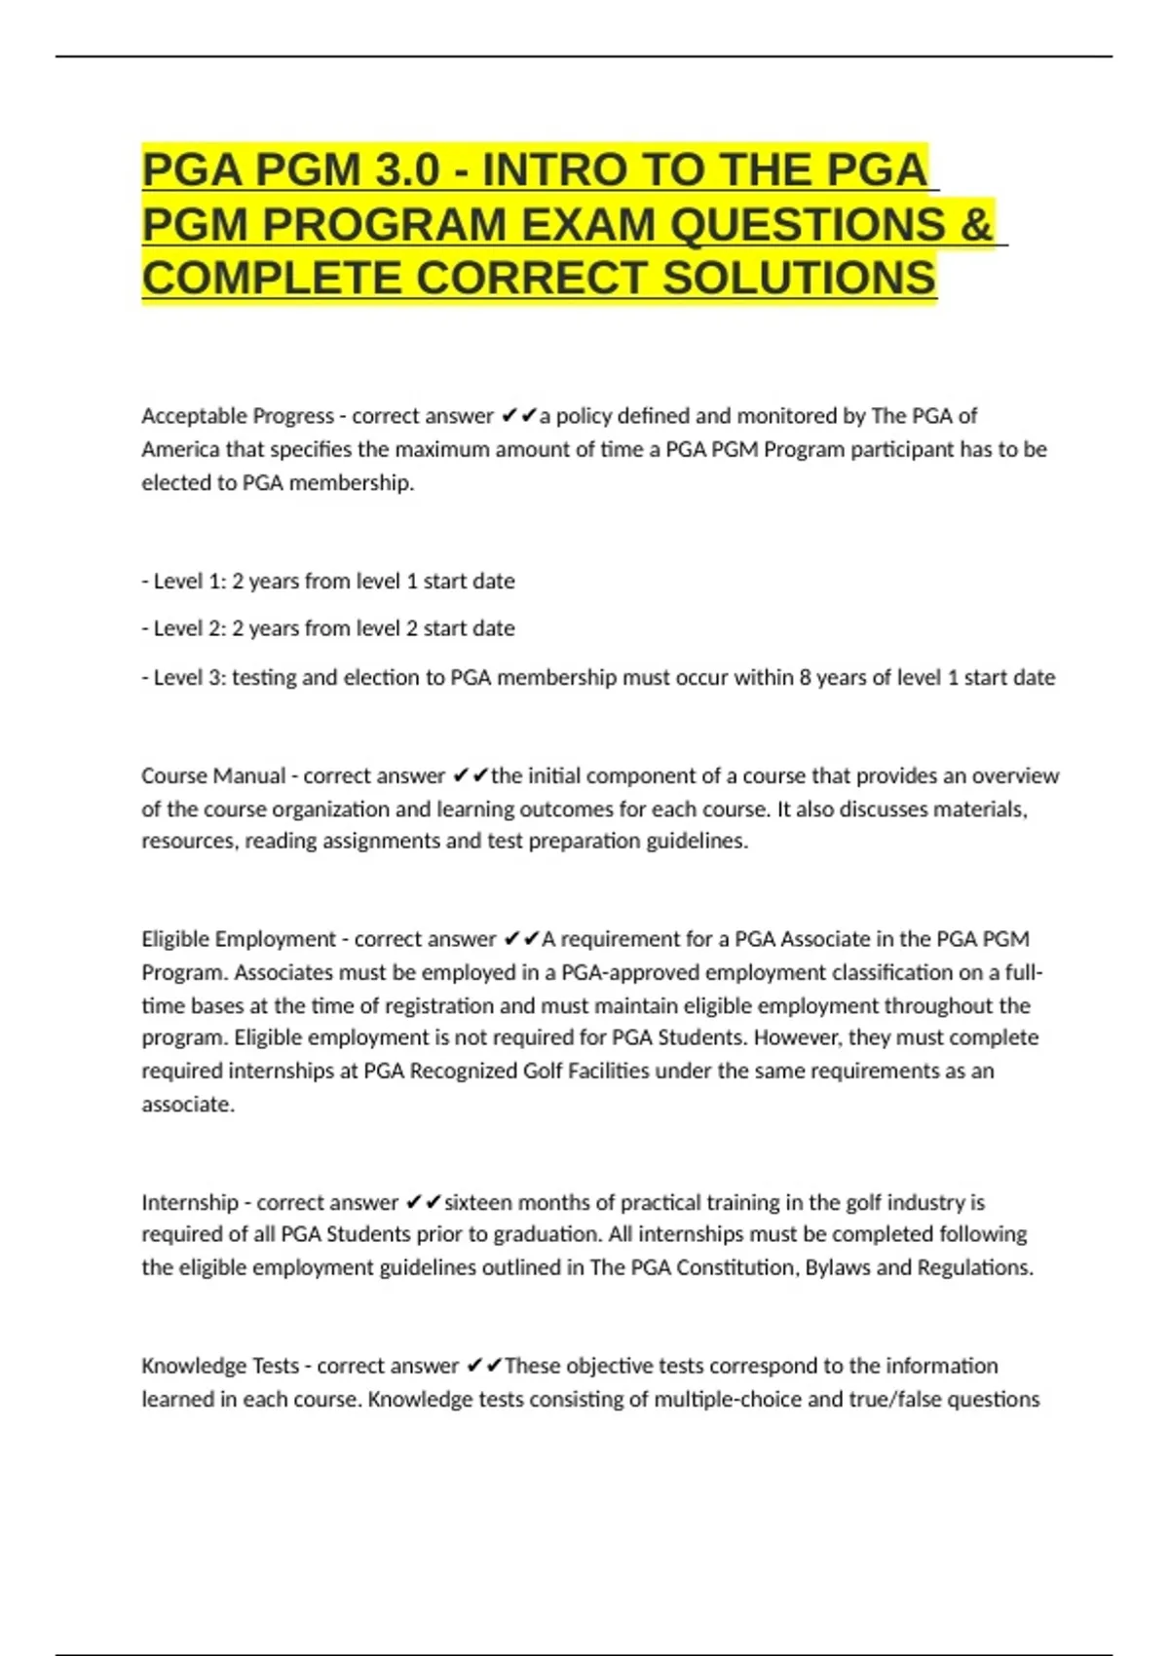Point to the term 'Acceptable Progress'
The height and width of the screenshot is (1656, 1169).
237,416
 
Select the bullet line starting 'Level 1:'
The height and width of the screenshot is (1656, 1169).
328,582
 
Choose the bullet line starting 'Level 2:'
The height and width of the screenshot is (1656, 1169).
328,628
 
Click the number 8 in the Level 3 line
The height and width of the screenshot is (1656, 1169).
805,678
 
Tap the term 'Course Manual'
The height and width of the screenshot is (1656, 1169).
213,776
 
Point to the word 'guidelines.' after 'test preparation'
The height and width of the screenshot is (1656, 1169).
698,841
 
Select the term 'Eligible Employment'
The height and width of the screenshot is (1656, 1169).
238,939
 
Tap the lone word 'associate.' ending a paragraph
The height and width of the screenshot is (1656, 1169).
188,1105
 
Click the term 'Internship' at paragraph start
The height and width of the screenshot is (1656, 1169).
189,1202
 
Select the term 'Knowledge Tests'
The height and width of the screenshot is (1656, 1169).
220,1366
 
